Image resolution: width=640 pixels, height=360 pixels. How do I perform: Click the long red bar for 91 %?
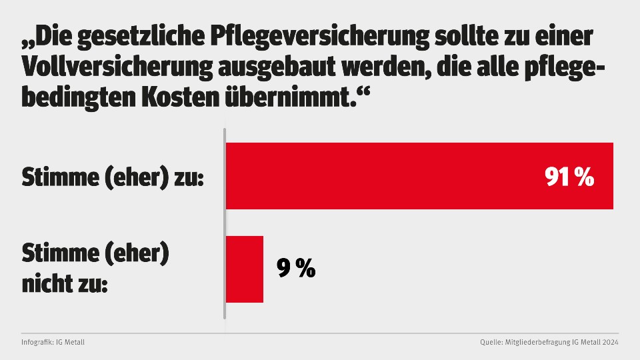400,176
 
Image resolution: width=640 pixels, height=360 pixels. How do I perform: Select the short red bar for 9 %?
245,269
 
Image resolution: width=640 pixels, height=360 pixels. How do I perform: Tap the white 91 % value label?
568,177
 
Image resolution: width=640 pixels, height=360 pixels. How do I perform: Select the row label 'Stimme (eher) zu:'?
113,178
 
